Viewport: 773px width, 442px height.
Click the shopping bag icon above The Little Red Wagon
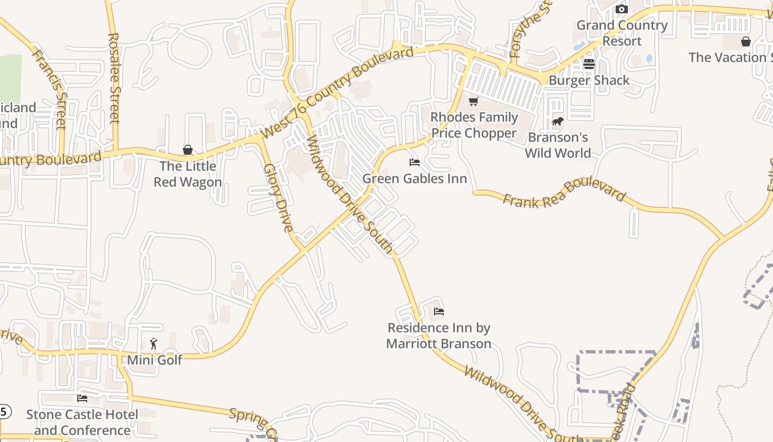(188, 150)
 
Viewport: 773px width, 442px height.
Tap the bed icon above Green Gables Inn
(415, 162)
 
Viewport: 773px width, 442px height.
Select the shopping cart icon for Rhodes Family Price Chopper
(473, 101)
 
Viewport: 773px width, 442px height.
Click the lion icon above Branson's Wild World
(557, 121)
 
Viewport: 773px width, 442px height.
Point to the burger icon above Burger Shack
(589, 64)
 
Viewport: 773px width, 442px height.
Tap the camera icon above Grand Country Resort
(622, 9)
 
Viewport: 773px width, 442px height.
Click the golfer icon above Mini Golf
(154, 344)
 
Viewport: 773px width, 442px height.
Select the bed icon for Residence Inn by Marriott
(439, 312)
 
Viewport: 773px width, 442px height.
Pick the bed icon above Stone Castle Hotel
(82, 398)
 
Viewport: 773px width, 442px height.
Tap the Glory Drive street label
(278, 197)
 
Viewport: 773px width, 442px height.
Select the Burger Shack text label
(589, 80)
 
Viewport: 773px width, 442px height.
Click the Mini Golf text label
(154, 360)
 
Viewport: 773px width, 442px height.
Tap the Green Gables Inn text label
(415, 178)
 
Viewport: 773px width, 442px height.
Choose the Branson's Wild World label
(558, 145)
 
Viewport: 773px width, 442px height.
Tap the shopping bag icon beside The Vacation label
(745, 41)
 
